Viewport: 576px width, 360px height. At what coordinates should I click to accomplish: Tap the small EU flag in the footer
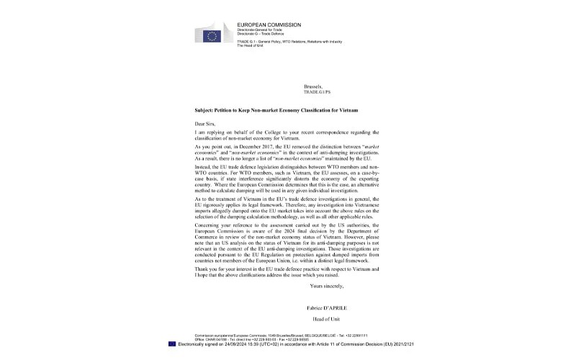pos(171,343)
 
